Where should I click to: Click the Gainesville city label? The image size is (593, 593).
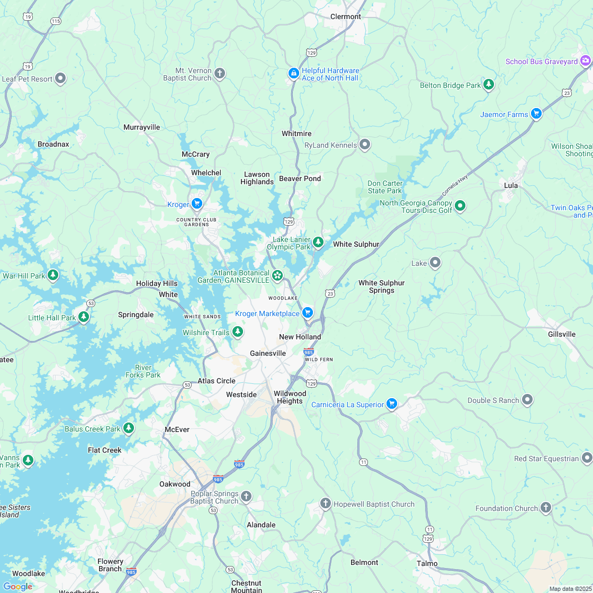[268, 353]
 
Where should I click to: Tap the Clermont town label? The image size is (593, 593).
[345, 16]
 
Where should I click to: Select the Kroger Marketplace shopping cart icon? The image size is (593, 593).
[308, 313]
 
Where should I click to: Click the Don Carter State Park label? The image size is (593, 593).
[385, 187]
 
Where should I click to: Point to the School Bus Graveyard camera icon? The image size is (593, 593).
[585, 61]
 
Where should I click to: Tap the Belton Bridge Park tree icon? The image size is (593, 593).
[488, 84]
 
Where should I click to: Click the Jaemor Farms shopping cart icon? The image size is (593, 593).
[536, 113]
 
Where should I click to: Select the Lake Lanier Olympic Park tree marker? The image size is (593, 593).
[318, 242]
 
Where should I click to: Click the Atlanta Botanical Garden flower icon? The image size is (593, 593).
[277, 275]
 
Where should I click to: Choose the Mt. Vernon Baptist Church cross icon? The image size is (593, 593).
[220, 73]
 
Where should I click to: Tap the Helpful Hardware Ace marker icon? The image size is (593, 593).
[293, 73]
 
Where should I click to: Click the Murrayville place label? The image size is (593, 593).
[141, 127]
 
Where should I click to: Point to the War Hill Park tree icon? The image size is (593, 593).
[52, 275]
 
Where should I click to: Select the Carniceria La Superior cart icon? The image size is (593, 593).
[391, 403]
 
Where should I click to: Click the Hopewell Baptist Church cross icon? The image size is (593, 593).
[325, 503]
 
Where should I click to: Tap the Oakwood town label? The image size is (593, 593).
[175, 484]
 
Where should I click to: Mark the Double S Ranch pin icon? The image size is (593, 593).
[527, 399]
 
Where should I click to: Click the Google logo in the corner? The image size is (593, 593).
[17, 586]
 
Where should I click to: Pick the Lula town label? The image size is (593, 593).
[511, 185]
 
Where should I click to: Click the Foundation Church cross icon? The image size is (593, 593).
[545, 507]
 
